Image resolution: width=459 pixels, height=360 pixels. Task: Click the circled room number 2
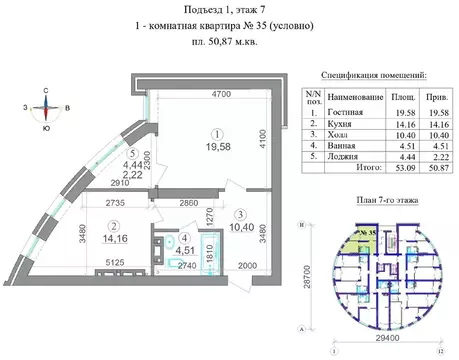(116, 226)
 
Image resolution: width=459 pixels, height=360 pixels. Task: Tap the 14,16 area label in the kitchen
(116, 241)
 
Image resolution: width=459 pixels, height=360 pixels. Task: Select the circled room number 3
(240, 213)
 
